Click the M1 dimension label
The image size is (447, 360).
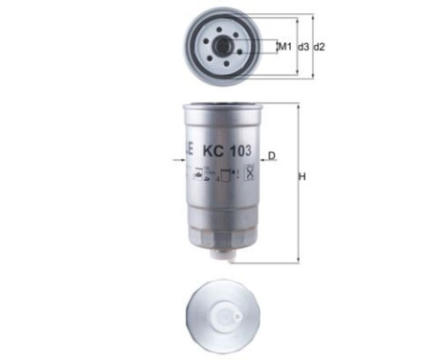(x=285, y=46)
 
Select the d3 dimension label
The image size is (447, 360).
(x=302, y=46)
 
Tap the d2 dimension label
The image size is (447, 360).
(x=320, y=46)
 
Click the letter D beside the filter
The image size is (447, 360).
(x=272, y=155)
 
